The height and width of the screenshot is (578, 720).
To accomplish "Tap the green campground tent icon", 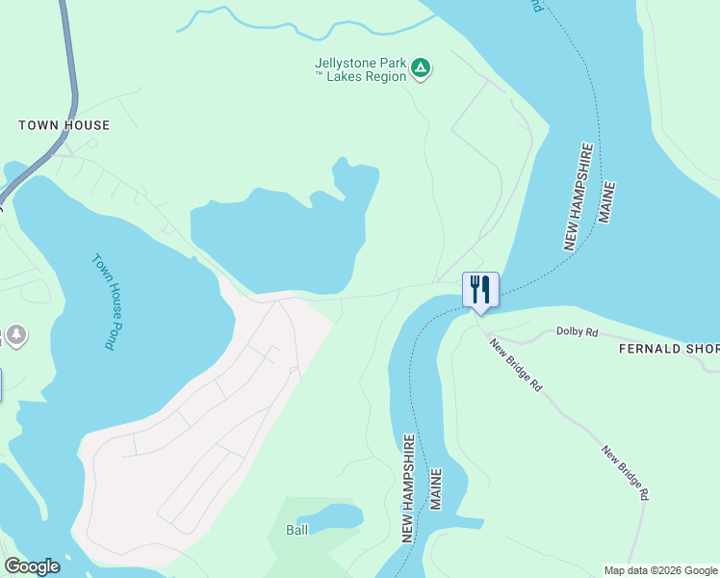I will tap(420, 67).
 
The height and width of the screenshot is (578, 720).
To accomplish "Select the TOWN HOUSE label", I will tap(64, 125).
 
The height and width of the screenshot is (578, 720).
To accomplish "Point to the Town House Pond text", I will tap(104, 301).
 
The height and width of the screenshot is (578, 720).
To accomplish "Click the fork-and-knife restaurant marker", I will tap(480, 289).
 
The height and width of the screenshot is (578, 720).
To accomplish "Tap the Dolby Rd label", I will tap(578, 331).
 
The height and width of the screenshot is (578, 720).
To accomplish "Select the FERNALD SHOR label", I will tap(668, 348).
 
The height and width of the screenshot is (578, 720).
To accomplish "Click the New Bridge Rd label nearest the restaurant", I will tap(515, 364).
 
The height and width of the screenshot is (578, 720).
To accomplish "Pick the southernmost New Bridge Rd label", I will tap(626, 472).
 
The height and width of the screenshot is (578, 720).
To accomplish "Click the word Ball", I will tap(297, 530).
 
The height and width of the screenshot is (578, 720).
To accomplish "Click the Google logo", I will tap(32, 566).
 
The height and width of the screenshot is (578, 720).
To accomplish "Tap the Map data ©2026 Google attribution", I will tap(660, 570).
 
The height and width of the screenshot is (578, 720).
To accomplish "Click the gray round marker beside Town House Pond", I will tap(16, 335).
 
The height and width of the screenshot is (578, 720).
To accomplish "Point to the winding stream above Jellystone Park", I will tap(289, 27).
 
